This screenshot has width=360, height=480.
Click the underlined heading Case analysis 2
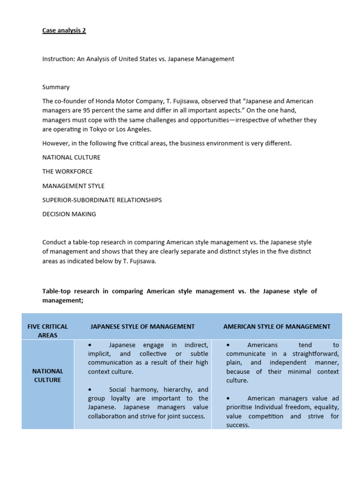(x=64, y=30)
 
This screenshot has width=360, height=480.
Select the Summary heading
(x=56, y=87)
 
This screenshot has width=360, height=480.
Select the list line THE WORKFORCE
(x=67, y=172)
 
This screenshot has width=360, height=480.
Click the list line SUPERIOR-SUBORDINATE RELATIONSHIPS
(x=102, y=200)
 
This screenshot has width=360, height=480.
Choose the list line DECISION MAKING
(x=69, y=214)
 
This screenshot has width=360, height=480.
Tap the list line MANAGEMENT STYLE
(x=73, y=186)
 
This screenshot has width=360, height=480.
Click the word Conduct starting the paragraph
(x=55, y=242)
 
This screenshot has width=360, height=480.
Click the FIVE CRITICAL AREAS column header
(x=47, y=330)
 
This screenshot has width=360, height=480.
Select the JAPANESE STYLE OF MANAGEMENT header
(x=142, y=326)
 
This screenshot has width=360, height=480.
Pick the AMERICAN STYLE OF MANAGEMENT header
(x=277, y=326)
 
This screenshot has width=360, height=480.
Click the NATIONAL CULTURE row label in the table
(x=47, y=375)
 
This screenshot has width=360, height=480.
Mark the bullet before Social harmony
(x=90, y=390)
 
